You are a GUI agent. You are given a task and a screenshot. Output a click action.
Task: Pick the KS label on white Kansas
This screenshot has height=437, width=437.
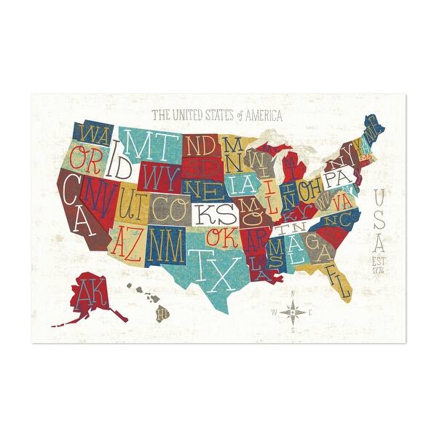click(x=216, y=213)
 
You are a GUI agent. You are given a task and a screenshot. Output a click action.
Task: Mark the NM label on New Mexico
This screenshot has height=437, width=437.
click(x=167, y=238)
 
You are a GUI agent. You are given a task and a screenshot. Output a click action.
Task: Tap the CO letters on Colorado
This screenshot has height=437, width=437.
click(x=168, y=208)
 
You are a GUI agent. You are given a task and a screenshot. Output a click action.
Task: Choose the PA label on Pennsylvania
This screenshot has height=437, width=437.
click(x=336, y=178)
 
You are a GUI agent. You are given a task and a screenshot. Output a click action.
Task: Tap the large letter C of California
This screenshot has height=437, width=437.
click(x=71, y=191)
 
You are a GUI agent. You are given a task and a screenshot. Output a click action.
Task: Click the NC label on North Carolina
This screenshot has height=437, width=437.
click(x=333, y=219)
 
